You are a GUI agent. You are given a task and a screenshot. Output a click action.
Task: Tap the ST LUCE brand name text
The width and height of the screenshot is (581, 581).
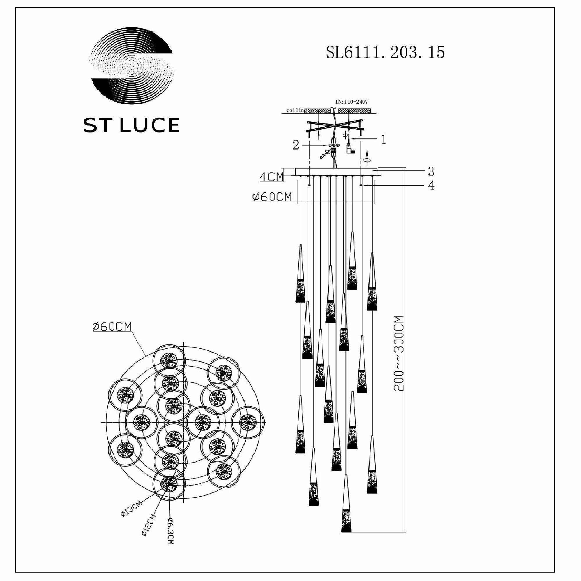pyautogui.click(x=131, y=125)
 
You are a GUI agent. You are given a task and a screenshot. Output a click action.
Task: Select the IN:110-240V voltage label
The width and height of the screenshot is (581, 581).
pyautogui.click(x=351, y=102)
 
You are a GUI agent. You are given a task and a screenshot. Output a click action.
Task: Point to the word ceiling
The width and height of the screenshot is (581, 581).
pyautogui.click(x=297, y=110)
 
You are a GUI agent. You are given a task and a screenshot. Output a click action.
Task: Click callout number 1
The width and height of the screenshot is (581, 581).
pyautogui.click(x=383, y=139)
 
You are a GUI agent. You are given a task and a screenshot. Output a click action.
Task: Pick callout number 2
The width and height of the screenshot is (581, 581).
pyautogui.click(x=296, y=146)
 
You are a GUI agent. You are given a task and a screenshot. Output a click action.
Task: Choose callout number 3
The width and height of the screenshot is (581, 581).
pyautogui.click(x=431, y=171)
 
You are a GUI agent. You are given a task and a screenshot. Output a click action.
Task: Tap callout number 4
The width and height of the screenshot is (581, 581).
pyautogui.click(x=431, y=185)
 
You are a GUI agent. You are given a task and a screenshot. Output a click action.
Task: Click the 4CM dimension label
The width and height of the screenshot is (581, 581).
pyautogui.click(x=271, y=177)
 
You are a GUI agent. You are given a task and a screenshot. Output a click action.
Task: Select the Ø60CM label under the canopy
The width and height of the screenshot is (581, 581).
pyautogui.click(x=272, y=197)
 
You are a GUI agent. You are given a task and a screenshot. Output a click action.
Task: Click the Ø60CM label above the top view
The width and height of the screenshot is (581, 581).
pyautogui.click(x=112, y=327)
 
